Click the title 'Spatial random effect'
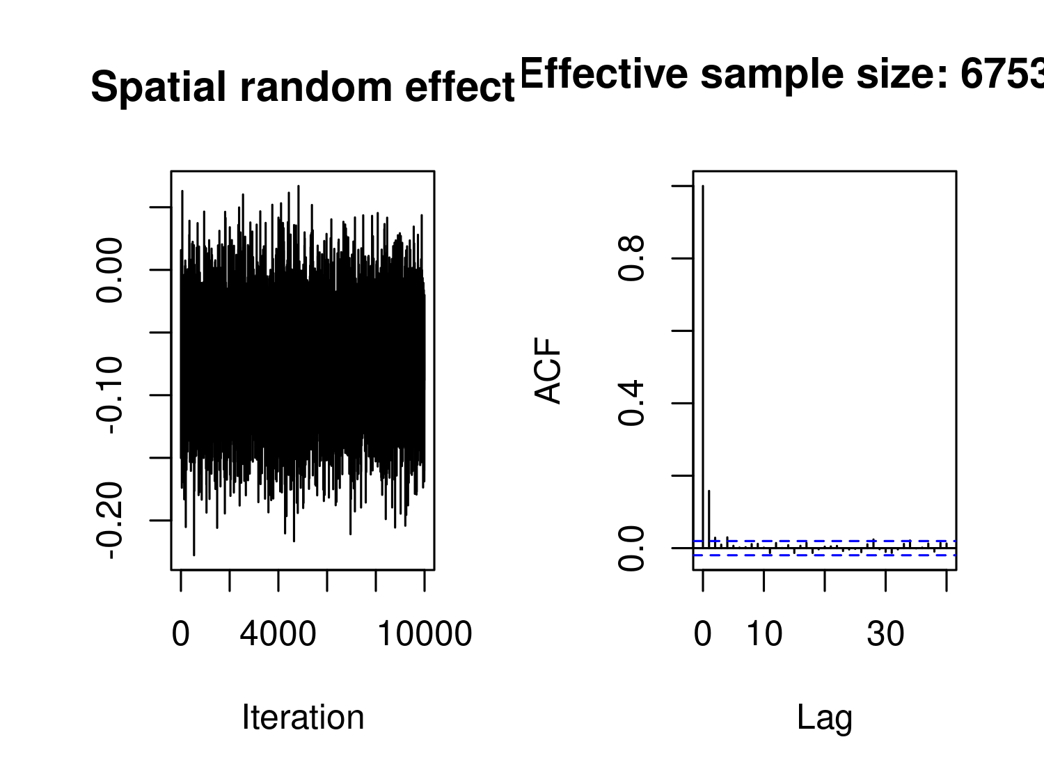(303, 88)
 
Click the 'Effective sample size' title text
(780, 74)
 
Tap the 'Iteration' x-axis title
(303, 718)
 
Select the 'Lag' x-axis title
(825, 718)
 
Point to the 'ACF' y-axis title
(548, 370)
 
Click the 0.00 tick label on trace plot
(111, 270)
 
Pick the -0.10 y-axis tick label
(111, 395)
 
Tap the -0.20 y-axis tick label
(111, 521)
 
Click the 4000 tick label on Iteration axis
(278, 634)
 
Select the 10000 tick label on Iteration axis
(424, 634)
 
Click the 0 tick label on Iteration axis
(181, 634)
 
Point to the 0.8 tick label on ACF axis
(632, 258)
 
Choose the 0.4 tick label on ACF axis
(632, 404)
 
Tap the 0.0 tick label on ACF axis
(632, 548)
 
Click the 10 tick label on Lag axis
(764, 634)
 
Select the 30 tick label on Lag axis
(885, 634)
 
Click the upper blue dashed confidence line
(835, 541)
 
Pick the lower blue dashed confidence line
(835, 555)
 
